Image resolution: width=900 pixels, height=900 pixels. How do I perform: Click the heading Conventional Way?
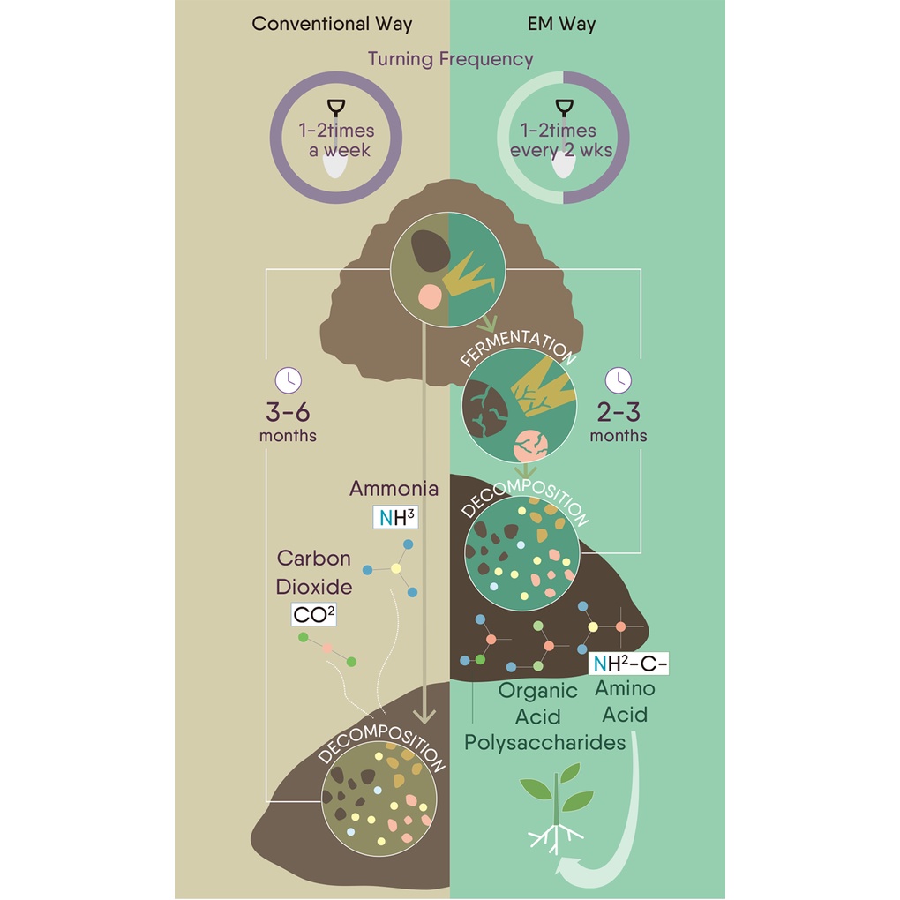[x=332, y=24]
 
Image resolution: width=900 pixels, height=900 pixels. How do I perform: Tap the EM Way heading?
[x=561, y=24]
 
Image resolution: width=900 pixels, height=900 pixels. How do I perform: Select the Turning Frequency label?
[x=450, y=59]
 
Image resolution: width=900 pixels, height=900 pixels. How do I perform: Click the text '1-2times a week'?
[x=336, y=139]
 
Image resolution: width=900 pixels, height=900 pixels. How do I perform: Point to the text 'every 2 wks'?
[x=561, y=150]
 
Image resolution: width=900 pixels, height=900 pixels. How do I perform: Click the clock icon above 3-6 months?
[x=289, y=380]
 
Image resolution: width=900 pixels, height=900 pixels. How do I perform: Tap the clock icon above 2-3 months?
[x=618, y=380]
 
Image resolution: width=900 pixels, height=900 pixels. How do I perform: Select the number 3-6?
[x=288, y=411]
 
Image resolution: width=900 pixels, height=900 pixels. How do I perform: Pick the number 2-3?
[x=618, y=411]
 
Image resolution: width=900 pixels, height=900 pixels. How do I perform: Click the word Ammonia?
[x=394, y=488]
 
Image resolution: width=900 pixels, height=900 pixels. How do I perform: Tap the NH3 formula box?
[x=394, y=517]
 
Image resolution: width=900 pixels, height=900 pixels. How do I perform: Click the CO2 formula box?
[x=314, y=614]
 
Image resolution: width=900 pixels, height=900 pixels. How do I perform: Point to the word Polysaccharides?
[x=544, y=742]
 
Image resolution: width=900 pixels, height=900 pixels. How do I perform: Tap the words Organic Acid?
[x=537, y=702]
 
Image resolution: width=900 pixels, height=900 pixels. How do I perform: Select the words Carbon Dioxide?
[x=314, y=572]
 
